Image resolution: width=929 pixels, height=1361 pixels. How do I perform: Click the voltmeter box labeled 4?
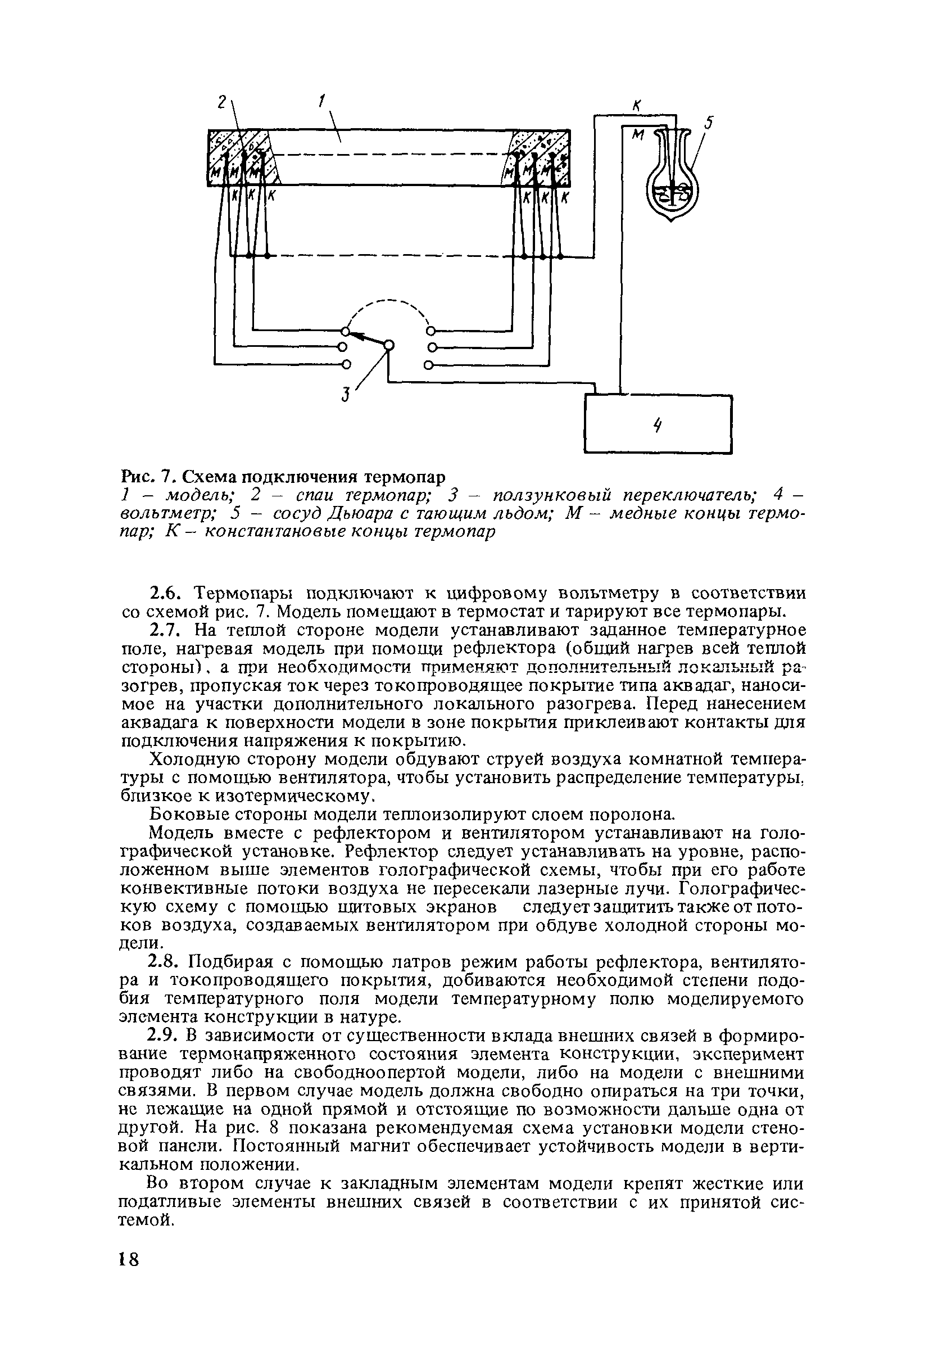point(658,424)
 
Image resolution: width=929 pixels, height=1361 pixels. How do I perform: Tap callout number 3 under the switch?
point(346,395)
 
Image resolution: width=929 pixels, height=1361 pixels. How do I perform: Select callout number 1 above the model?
point(321,102)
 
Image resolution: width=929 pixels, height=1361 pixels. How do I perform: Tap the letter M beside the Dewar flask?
point(637,135)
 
